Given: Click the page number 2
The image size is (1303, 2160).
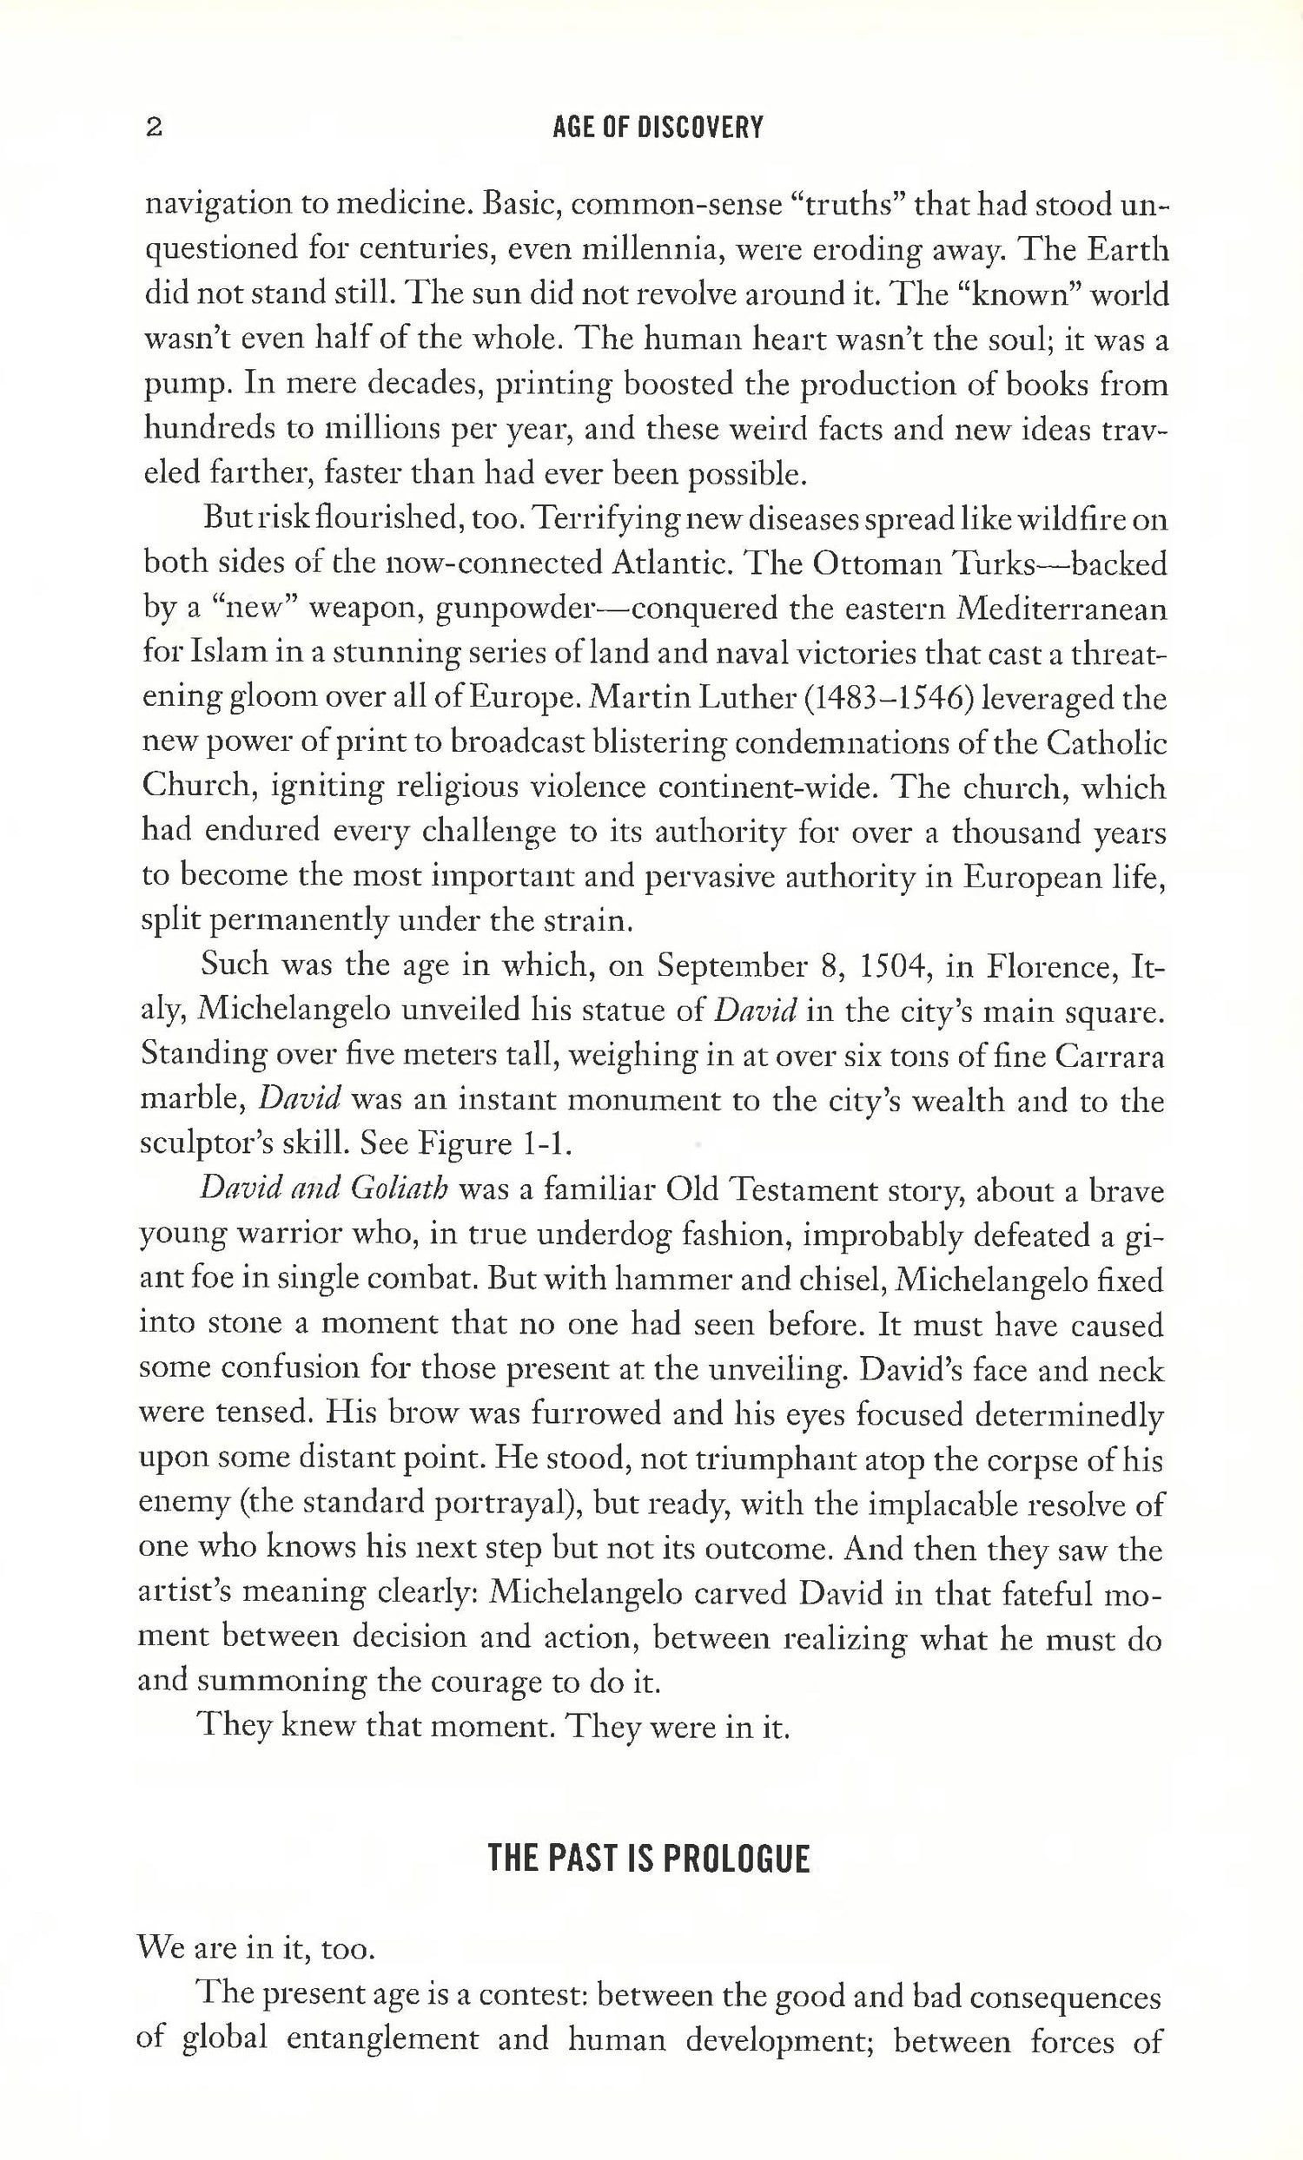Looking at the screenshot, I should pyautogui.click(x=154, y=128).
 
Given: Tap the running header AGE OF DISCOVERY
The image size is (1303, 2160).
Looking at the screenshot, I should pyautogui.click(x=658, y=128).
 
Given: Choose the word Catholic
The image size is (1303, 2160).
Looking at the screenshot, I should pyautogui.click(x=1107, y=743).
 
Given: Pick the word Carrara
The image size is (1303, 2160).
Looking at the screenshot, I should pyautogui.click(x=1109, y=1057).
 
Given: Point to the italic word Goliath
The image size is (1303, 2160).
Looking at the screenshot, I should pyautogui.click(x=400, y=1189).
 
